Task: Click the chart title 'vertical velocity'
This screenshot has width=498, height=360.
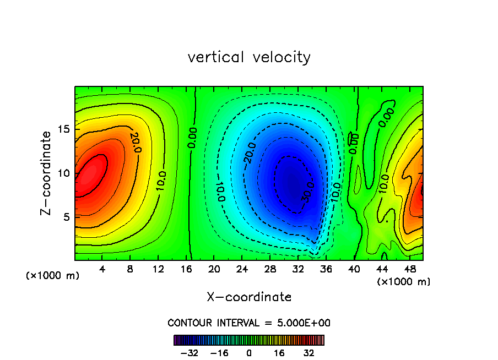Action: (x=249, y=57)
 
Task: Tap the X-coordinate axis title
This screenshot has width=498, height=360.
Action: (x=249, y=297)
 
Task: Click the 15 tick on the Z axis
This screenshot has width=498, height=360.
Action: (x=62, y=129)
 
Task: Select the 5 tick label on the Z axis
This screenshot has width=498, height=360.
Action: (x=65, y=217)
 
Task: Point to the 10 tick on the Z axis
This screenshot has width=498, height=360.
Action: (x=62, y=173)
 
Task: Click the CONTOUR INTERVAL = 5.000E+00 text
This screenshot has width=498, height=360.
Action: (x=249, y=323)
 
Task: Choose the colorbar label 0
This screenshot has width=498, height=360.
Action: (x=249, y=353)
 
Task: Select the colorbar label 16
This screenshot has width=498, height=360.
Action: (x=279, y=353)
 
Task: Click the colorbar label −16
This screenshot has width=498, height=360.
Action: (x=219, y=353)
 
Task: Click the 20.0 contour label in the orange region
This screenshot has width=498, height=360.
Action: (x=134, y=142)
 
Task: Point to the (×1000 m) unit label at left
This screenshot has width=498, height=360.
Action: (x=53, y=276)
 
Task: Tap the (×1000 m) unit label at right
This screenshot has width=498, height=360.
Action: (x=404, y=282)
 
